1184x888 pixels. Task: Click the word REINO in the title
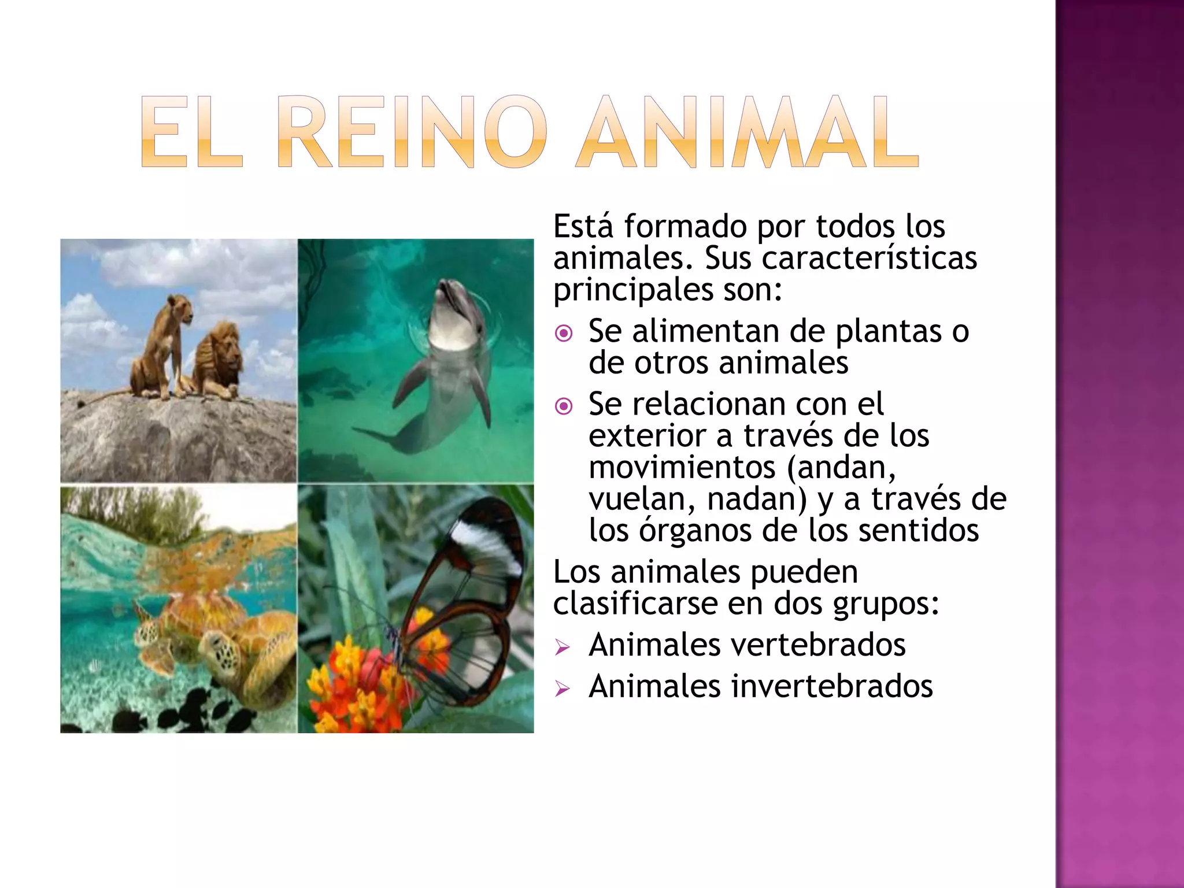pos(412,132)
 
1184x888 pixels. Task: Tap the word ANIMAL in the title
pos(747,132)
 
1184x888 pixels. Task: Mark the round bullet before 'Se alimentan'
pos(563,333)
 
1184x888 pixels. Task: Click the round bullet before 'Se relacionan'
pos(563,406)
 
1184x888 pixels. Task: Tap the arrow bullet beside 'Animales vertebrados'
pos(562,647)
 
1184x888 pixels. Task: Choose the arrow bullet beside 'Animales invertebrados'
pos(562,689)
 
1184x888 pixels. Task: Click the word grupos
pos(885,604)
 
